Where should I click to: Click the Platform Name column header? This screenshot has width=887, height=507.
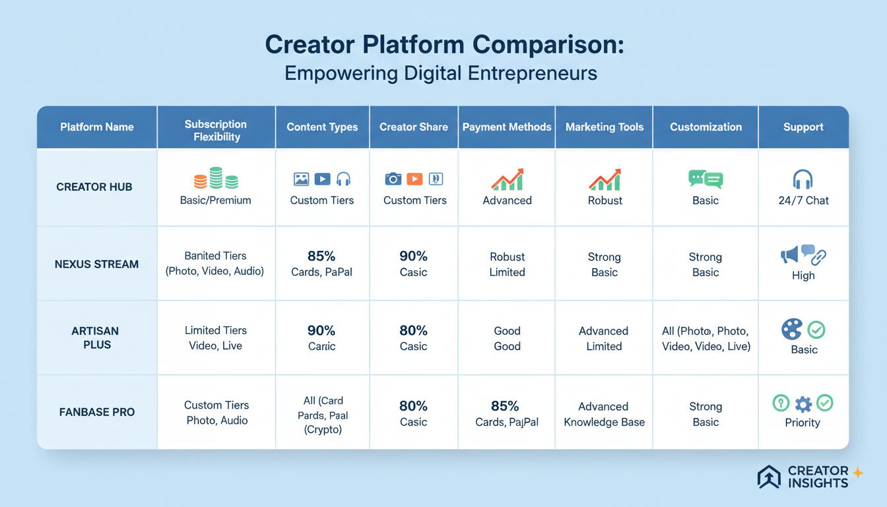pos(97,127)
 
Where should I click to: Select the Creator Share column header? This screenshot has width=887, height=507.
pos(414,127)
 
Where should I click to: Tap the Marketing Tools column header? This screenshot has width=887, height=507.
pos(605,127)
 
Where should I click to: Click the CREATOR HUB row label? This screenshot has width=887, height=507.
pos(94,187)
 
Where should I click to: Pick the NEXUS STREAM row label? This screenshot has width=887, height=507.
pos(96,264)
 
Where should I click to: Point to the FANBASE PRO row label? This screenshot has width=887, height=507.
pos(96,412)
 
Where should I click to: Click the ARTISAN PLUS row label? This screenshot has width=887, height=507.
pos(96,338)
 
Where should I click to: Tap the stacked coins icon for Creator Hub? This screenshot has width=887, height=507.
pos(216,179)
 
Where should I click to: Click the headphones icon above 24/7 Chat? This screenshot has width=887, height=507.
pos(803,180)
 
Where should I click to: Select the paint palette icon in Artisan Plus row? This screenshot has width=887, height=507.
pos(792,329)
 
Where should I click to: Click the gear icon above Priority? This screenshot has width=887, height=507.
pos(803,403)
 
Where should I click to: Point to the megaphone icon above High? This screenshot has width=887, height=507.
pos(789,254)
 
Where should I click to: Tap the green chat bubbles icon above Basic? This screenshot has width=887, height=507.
pos(706,179)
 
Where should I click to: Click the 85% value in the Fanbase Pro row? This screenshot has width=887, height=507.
pos(506,405)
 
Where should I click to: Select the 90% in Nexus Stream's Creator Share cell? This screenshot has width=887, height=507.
pos(414,256)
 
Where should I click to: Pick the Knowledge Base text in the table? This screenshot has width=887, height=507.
pos(604,422)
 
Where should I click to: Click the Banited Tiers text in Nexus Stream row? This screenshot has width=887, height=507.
pos(216,255)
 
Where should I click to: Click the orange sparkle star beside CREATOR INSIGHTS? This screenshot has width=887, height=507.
pos(858,472)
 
